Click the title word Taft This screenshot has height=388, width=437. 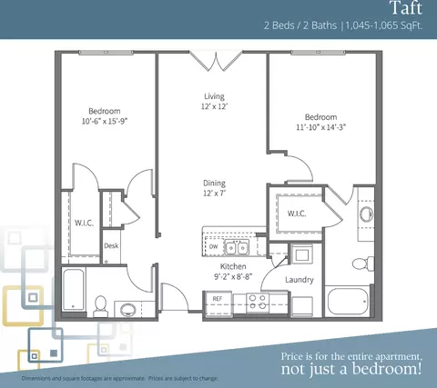406,8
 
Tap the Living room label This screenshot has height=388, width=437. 214,96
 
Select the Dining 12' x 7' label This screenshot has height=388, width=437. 214,188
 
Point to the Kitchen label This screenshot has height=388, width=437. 233,266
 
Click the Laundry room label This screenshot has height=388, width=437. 300,280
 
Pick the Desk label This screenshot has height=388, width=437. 111,245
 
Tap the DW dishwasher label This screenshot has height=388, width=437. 213,246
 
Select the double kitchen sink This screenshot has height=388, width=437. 237,248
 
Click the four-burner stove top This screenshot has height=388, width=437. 258,303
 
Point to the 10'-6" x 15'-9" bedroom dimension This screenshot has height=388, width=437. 104,121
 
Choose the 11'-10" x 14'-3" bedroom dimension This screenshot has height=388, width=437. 321,127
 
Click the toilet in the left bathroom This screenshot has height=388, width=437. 100,305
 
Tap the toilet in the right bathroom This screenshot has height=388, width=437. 363,263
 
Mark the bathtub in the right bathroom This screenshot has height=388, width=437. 348,302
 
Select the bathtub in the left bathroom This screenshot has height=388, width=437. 73,290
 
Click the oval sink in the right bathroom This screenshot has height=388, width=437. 367,214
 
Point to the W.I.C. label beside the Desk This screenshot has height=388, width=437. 84,224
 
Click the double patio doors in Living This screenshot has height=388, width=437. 216,62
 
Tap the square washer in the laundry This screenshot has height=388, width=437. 302,254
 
